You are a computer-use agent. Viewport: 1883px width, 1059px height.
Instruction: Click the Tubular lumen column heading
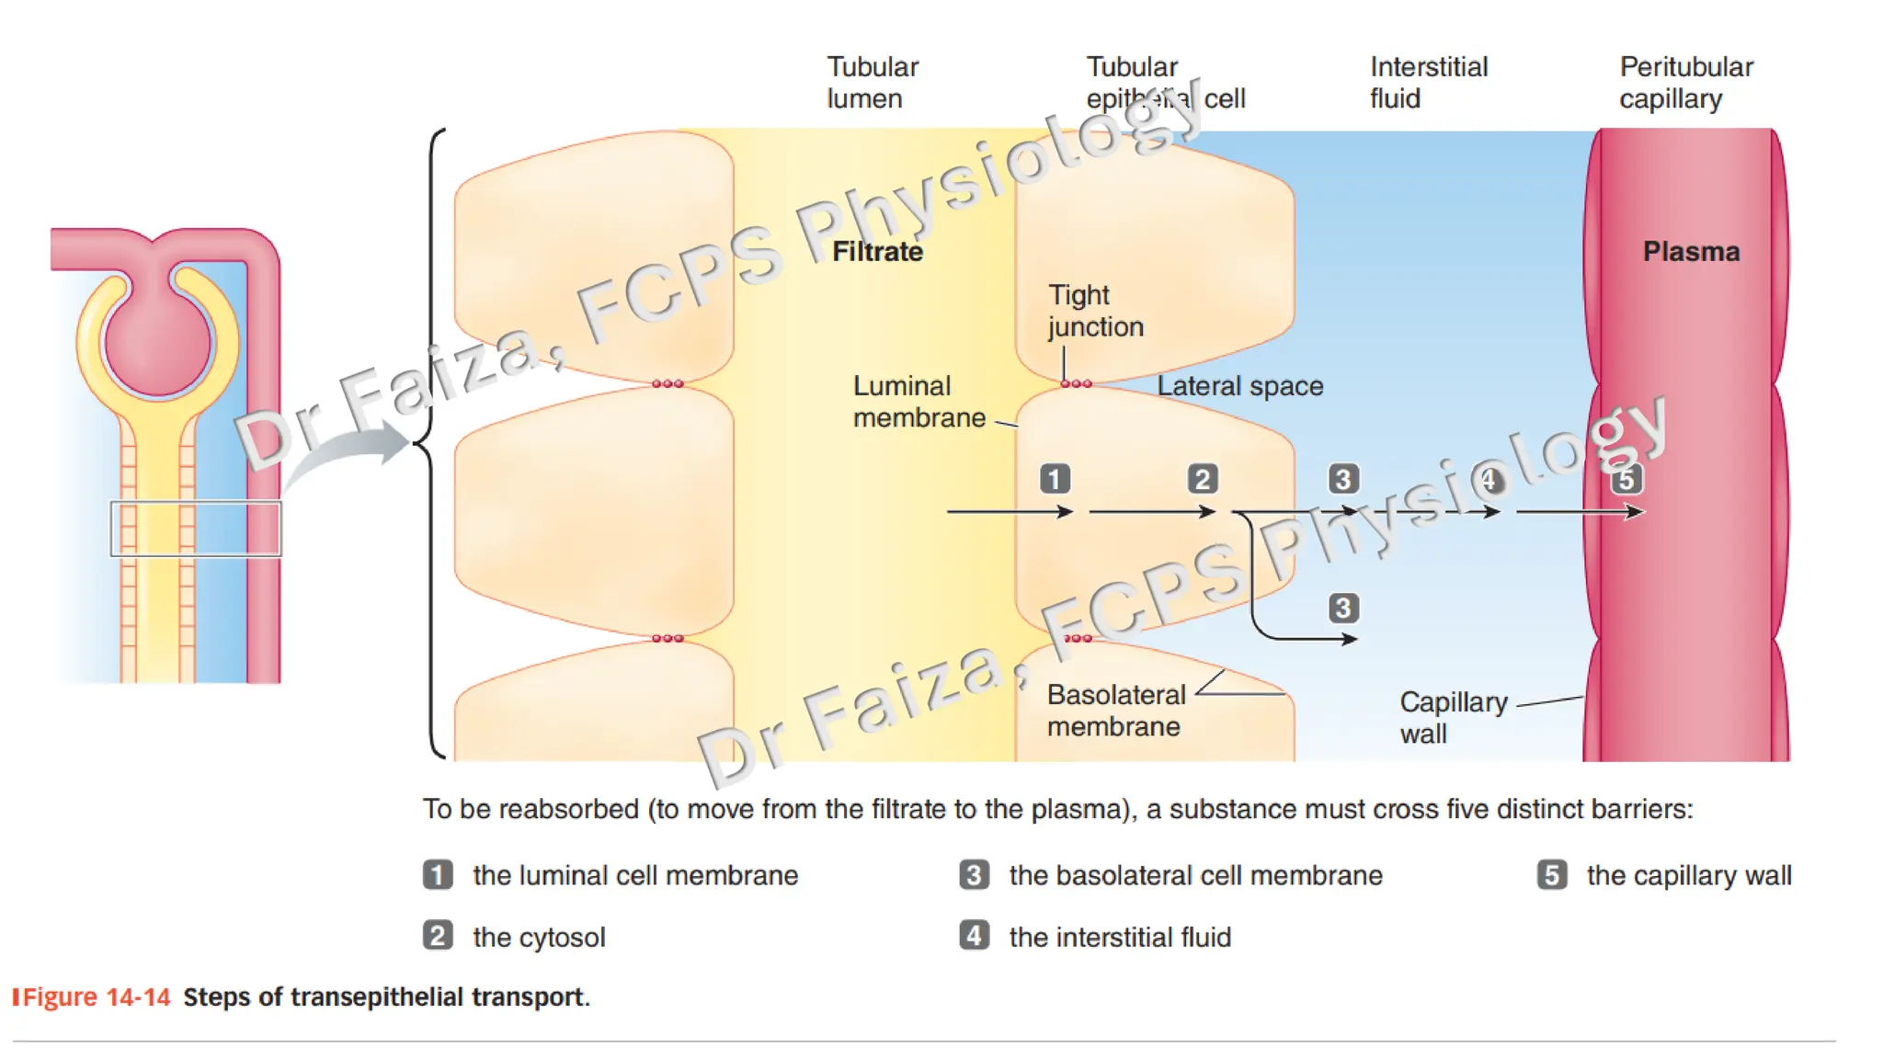872,83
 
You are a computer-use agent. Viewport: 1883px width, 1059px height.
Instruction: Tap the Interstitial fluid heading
1428,83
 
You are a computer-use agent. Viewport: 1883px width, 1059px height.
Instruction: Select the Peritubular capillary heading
1685,83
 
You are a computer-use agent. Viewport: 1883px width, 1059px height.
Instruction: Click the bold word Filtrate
877,252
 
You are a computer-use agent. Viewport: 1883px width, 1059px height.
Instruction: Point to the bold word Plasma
1691,252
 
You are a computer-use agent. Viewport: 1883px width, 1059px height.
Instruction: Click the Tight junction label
1095,311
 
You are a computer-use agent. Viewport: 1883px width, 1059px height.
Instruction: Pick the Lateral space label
1239,386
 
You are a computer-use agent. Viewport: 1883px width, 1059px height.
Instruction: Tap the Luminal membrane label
919,402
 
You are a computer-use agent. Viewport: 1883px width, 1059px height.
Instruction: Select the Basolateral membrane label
1116,711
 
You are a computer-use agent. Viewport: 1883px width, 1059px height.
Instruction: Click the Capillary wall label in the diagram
1453,718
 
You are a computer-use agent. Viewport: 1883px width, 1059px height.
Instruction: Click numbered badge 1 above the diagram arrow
1055,479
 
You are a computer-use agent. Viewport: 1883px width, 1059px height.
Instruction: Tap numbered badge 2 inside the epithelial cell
1202,479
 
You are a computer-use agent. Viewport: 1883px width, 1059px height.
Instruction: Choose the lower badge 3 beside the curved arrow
1343,608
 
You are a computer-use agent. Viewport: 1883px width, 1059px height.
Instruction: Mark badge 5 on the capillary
1626,479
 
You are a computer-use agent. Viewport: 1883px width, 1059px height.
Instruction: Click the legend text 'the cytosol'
539,938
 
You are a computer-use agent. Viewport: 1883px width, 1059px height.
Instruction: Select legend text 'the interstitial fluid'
1120,938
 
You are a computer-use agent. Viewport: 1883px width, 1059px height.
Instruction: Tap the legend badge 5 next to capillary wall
1552,875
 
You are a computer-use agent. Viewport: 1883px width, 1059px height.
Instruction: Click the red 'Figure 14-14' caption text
97,997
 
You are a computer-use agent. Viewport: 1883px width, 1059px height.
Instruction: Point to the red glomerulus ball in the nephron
158,343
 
